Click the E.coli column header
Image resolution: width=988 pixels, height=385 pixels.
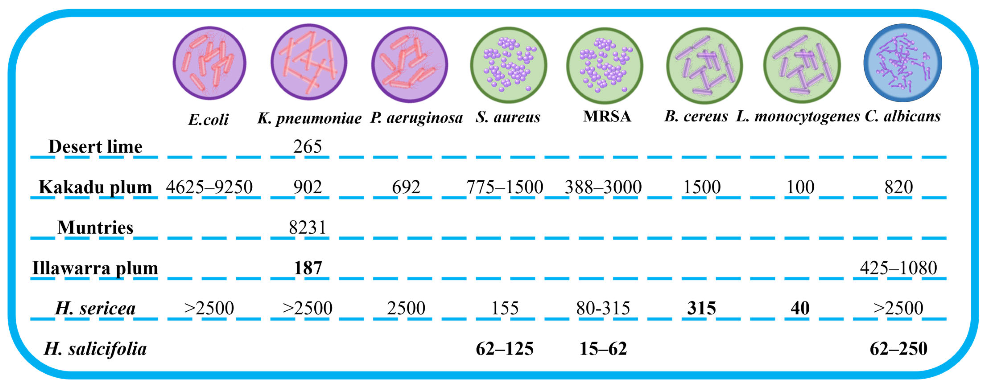click(208, 120)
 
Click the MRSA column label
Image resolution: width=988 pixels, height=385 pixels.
click(607, 116)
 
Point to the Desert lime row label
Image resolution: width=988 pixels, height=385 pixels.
click(95, 147)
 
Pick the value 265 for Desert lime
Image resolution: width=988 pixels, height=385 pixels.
click(307, 147)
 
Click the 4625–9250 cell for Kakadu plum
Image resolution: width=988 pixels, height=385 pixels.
click(209, 187)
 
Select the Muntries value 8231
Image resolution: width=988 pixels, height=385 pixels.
click(307, 227)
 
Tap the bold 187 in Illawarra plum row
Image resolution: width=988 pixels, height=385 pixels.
click(308, 268)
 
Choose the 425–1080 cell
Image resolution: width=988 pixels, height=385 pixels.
click(898, 268)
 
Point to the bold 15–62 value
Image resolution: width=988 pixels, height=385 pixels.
click(603, 349)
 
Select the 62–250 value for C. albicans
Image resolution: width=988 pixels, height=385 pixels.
click(898, 349)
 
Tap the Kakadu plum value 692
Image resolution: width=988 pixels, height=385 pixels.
click(406, 187)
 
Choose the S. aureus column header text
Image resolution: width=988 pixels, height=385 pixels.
click(508, 117)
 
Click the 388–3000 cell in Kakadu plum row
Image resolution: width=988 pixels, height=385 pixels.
click(603, 187)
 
